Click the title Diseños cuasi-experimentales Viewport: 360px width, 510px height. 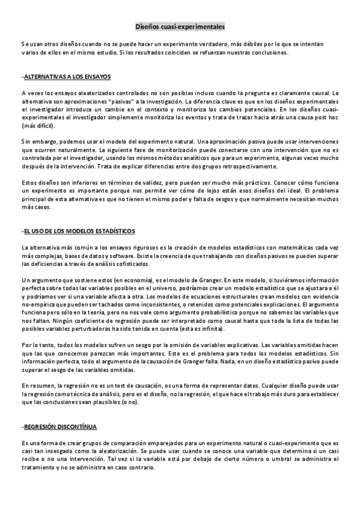pos(179,27)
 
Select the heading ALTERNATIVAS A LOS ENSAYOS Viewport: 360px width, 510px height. pos(66,77)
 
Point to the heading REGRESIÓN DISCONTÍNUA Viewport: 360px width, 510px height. pos(59,426)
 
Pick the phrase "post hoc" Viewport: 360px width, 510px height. pos(327,118)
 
